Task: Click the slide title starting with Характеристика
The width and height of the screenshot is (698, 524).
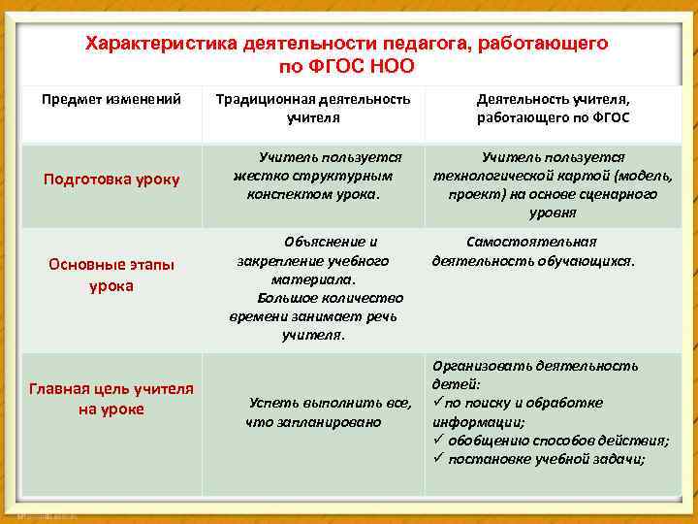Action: click(346, 55)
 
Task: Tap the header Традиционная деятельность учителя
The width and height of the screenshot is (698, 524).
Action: click(312, 108)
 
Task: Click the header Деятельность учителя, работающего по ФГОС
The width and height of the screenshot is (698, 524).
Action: click(553, 108)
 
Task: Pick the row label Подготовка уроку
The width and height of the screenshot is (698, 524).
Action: click(111, 180)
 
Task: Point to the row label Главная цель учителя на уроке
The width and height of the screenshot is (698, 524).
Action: click(111, 399)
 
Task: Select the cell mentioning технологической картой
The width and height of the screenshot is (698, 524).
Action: click(553, 184)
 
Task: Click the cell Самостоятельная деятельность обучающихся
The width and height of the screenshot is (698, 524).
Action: click(533, 250)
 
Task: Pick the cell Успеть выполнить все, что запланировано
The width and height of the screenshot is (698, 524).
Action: click(316, 411)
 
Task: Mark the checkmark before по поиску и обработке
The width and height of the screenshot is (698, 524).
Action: click(437, 403)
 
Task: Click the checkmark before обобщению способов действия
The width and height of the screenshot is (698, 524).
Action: click(438, 441)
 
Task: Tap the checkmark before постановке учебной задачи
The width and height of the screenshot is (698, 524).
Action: click(438, 459)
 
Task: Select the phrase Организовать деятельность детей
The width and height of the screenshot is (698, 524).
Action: click(535, 375)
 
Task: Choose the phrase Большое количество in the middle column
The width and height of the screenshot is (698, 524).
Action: click(331, 298)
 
